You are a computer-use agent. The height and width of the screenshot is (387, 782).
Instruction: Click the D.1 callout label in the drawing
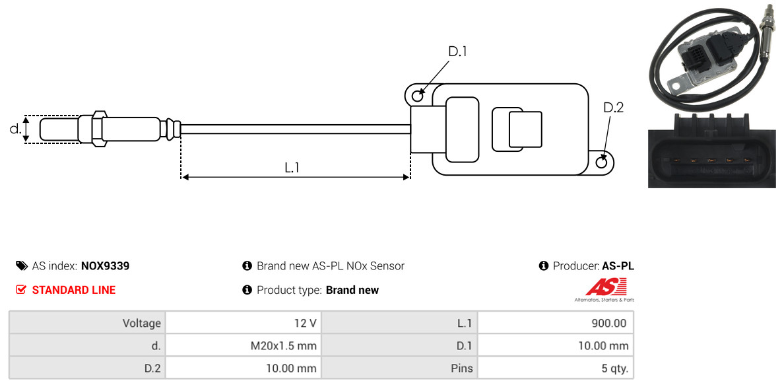click(x=457, y=52)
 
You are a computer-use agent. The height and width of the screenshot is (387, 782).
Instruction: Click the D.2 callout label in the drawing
click(x=613, y=108)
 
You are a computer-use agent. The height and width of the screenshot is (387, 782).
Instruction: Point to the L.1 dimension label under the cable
click(x=292, y=168)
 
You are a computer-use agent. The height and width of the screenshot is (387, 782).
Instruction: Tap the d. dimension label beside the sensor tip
click(x=15, y=129)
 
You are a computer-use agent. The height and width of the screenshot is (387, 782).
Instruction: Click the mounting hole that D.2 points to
click(x=602, y=162)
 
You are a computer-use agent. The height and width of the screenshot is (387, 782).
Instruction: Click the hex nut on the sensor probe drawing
click(x=98, y=129)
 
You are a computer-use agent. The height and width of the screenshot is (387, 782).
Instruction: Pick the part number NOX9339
click(x=105, y=266)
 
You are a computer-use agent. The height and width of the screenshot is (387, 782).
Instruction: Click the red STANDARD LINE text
click(x=74, y=290)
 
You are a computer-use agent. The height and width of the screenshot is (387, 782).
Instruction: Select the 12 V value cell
click(x=244, y=323)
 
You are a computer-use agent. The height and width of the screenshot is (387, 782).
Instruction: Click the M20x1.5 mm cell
click(x=244, y=345)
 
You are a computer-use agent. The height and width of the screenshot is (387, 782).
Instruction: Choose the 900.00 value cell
click(x=556, y=323)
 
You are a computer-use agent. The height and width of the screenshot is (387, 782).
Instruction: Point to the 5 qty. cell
click(x=556, y=369)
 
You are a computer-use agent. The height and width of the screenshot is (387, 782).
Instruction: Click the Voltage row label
click(x=142, y=323)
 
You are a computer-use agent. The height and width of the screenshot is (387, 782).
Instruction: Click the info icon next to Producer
click(x=544, y=266)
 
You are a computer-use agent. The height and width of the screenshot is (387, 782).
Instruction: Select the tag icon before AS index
click(x=21, y=265)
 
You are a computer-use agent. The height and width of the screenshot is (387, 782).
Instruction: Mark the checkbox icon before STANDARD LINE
click(x=20, y=290)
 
